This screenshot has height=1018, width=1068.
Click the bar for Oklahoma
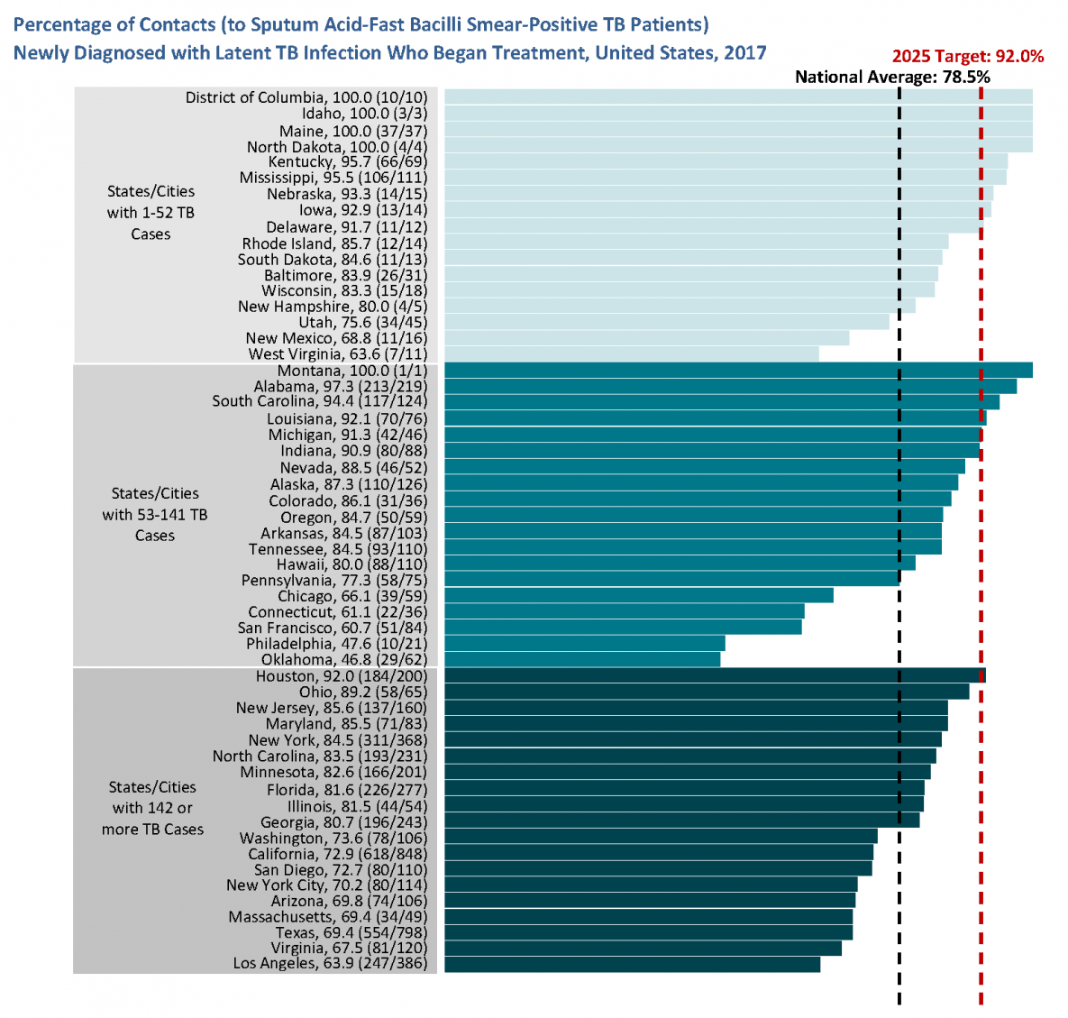tap(582, 659)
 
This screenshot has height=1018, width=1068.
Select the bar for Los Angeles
tap(632, 964)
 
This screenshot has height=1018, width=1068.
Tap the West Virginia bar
tap(631, 354)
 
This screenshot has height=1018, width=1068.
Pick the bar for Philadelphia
tap(584, 644)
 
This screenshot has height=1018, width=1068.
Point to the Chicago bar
tap(638, 596)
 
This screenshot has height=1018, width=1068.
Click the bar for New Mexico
tap(646, 338)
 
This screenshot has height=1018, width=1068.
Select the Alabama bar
tap(730, 386)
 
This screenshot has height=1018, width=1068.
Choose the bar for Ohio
tap(707, 692)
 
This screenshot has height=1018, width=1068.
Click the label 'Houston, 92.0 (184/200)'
tap(342, 676)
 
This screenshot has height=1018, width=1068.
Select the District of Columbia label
tap(306, 97)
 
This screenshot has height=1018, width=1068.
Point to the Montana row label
tap(352, 371)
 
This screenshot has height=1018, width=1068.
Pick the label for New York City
tap(326, 885)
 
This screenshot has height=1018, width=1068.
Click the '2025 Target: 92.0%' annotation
tap(968, 56)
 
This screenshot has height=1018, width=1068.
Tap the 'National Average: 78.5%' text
tap(892, 77)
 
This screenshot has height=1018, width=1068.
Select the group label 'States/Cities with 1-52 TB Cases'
tap(151, 213)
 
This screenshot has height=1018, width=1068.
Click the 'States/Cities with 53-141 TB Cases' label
tap(155, 514)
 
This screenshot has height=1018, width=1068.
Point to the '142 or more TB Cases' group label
tap(152, 808)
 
